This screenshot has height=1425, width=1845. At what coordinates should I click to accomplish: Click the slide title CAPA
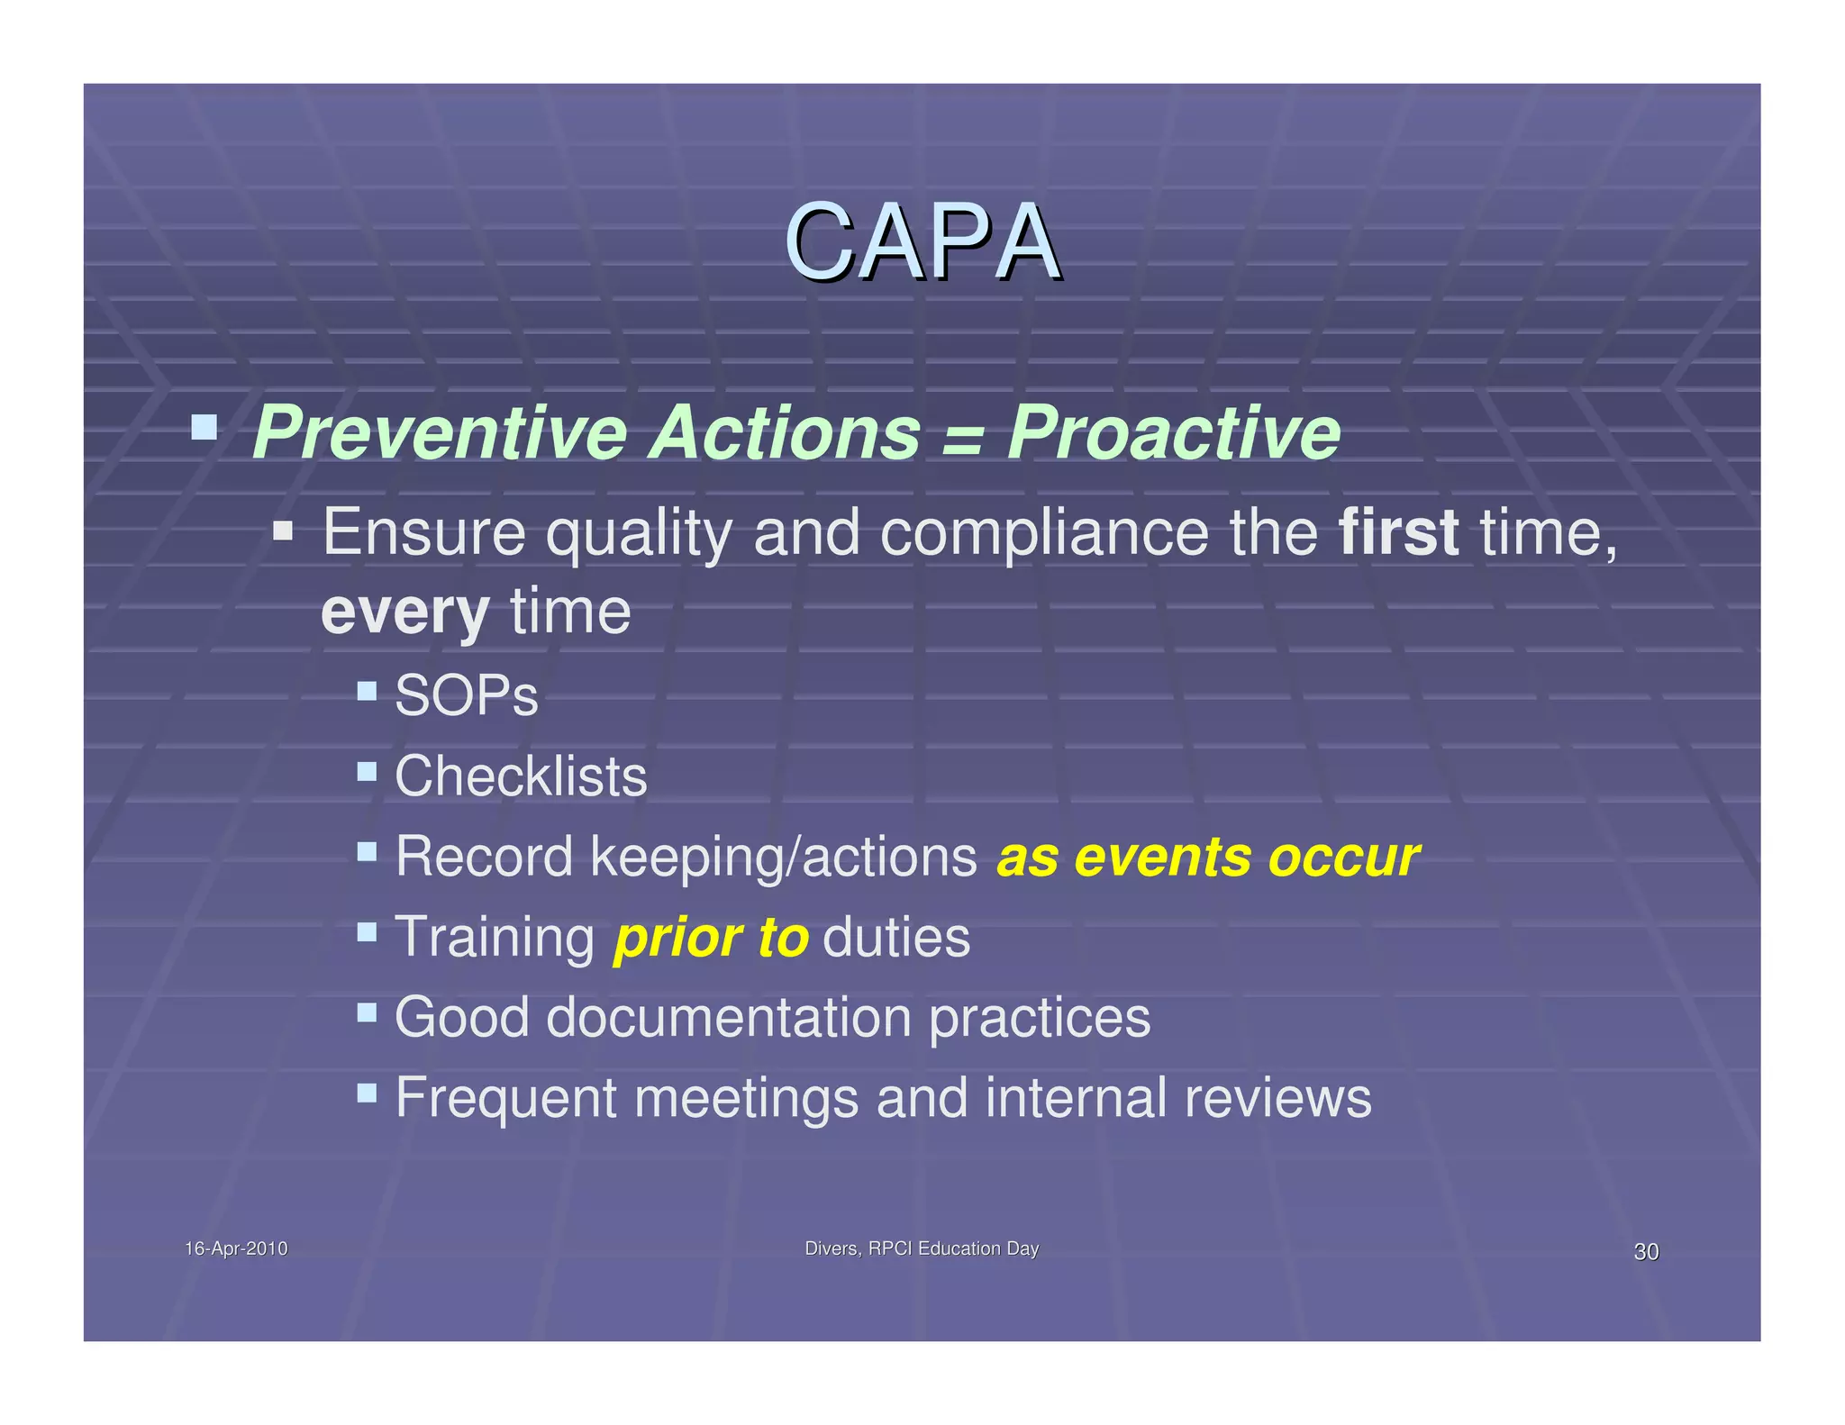point(922,242)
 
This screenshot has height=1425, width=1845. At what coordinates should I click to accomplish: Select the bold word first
point(1398,532)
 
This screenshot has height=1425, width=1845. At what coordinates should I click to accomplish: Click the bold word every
point(404,613)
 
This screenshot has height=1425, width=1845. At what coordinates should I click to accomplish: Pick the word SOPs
point(466,696)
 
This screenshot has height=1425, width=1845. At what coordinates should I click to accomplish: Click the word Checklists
point(521,776)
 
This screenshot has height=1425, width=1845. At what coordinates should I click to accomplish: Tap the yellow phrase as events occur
point(1207,858)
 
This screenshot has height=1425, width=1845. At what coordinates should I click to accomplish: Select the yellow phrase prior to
point(710,938)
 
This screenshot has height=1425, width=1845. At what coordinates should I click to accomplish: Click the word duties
point(895,938)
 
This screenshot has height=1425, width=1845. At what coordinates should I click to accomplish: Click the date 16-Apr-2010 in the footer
point(236,1248)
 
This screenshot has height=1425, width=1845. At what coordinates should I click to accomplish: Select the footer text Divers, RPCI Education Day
point(921,1248)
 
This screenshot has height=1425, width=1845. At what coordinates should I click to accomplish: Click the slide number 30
point(1645,1252)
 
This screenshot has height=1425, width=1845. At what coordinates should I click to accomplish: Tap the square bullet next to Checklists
point(367,771)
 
